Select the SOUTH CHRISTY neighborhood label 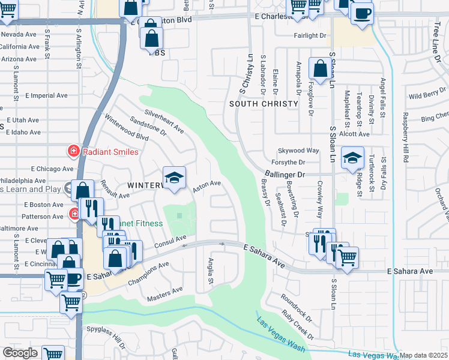tap(264, 104)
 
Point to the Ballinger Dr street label tap(284, 175)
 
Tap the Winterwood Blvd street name tap(126, 128)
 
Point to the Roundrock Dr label tap(296, 307)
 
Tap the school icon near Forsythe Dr tap(352, 159)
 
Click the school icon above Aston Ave tap(174, 178)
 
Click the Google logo tap(20, 353)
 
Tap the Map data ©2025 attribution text tap(424, 355)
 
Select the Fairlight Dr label tap(310, 36)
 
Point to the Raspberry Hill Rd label tap(406, 137)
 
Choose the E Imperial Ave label tap(46, 96)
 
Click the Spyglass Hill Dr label tap(106, 337)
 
